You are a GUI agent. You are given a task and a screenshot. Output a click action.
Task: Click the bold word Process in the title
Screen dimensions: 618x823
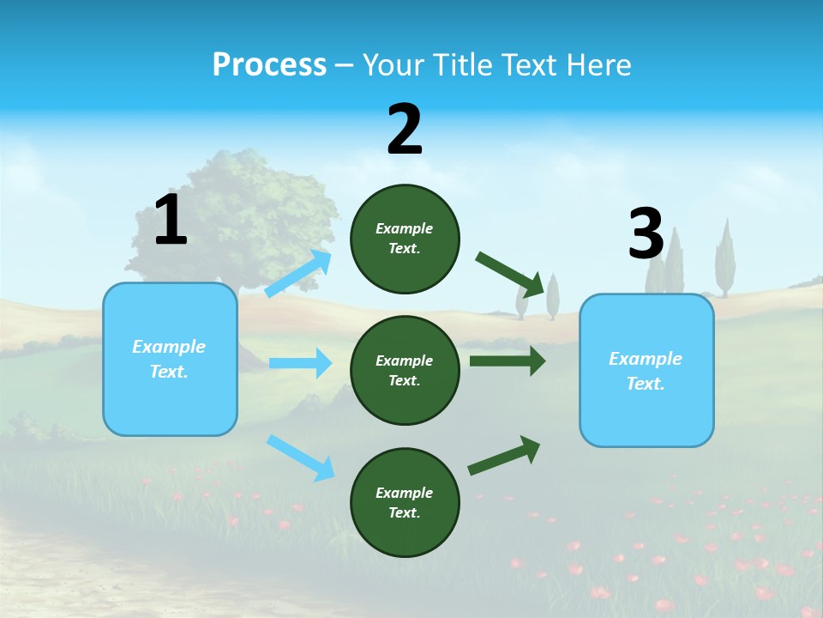click(x=269, y=65)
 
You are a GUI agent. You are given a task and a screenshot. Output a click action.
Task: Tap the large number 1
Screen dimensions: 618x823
click(x=171, y=221)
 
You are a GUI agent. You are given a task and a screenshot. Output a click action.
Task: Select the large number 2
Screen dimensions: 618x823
click(x=405, y=130)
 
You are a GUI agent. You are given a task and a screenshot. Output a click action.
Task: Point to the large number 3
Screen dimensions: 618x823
click(x=646, y=234)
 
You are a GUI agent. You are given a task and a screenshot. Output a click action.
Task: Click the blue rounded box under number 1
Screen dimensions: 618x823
click(x=170, y=359)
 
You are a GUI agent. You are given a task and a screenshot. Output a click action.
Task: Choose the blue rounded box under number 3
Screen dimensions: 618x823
click(x=646, y=370)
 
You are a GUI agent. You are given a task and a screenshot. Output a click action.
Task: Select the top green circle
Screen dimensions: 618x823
click(x=405, y=239)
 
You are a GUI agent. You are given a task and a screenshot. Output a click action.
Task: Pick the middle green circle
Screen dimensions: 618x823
click(x=405, y=370)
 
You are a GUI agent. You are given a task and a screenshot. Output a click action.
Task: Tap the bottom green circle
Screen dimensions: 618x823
click(x=405, y=502)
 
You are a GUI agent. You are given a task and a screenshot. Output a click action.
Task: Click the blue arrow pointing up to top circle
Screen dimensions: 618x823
click(x=298, y=274)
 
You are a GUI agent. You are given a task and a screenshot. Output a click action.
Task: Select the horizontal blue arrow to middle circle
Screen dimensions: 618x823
click(x=300, y=363)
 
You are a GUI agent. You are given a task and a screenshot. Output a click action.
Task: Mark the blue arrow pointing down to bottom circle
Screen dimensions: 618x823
click(x=300, y=457)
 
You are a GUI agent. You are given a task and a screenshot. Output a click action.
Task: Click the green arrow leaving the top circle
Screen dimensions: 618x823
click(x=510, y=274)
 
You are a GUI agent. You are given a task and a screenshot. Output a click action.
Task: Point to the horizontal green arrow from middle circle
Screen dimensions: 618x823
click(x=507, y=361)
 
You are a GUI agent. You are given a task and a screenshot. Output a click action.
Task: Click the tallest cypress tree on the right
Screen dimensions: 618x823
click(x=726, y=257)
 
